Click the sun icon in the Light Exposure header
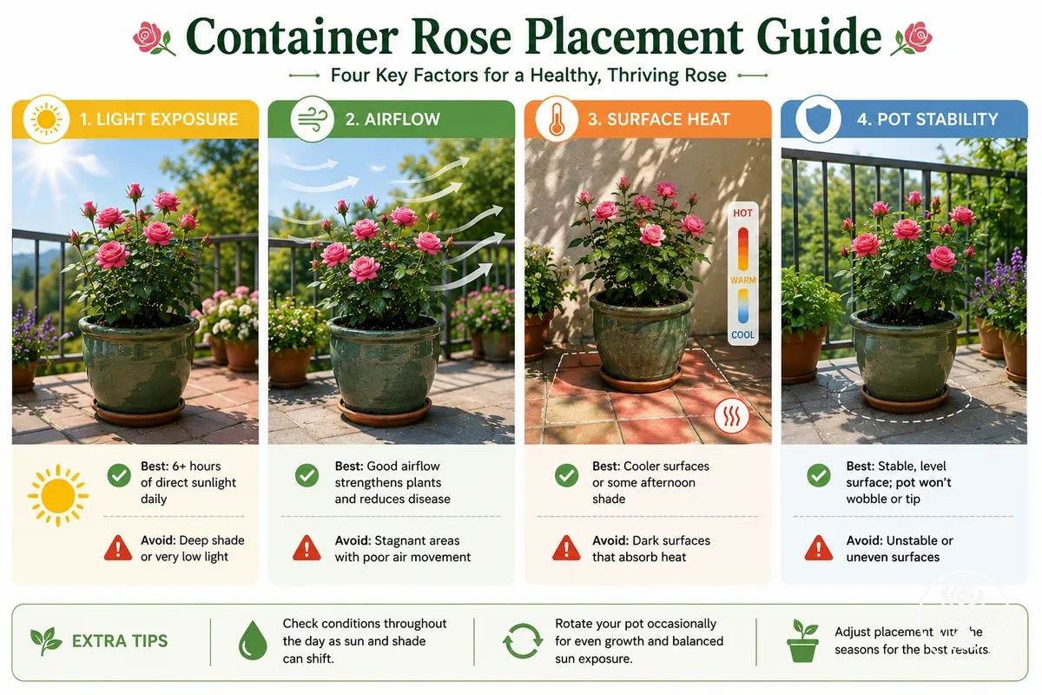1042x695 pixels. point(46,119)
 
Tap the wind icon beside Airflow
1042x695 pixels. point(312,119)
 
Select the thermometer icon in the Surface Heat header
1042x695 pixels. point(557,119)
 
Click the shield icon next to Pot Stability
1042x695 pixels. point(818,119)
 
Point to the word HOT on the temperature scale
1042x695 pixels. point(742,213)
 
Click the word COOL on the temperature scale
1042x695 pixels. point(743,334)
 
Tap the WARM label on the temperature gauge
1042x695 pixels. point(743,281)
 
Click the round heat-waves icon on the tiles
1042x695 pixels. point(731,415)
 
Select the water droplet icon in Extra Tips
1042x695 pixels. point(253,640)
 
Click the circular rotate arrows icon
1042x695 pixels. point(523,640)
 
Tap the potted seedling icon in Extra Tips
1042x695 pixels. point(802,640)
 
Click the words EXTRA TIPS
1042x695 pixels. point(120,641)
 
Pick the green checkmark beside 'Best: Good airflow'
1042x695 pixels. point(307,475)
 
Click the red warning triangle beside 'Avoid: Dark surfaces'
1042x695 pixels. point(566,548)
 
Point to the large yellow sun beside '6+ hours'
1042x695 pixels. point(57,495)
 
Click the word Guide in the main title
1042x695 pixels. point(819,36)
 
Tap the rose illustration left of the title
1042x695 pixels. point(154,38)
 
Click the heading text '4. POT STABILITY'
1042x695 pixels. point(927,119)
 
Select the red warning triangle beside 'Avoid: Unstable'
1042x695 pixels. point(818,548)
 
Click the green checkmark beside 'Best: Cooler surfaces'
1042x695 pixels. point(566,475)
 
